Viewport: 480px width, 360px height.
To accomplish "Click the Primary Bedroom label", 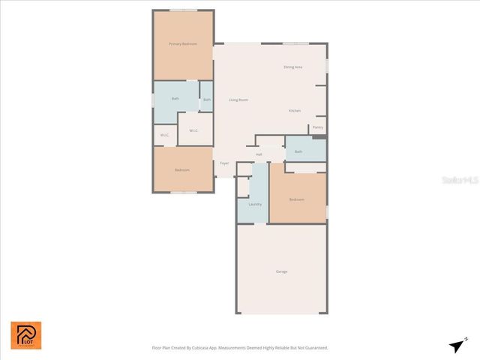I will pos(183,44).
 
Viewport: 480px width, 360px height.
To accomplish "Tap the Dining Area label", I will pos(292,67).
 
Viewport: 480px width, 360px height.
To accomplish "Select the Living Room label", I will pos(238,100).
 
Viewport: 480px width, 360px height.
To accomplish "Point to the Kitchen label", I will pos(295,111).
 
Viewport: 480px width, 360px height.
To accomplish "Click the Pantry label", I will pos(317,127).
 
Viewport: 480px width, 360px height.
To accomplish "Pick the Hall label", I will pos(259,154).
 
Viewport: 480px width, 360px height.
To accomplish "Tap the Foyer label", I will pos(224,163).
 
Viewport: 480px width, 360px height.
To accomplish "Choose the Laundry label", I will pos(255,204).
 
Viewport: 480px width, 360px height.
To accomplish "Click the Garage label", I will pos(281,271).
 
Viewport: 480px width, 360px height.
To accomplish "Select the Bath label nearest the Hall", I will pos(298,151).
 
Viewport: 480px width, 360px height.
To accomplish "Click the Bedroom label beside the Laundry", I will pos(297,199).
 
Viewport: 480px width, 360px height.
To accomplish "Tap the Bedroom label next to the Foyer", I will pos(182,170).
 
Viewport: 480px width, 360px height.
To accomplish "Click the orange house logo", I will pos(26,335).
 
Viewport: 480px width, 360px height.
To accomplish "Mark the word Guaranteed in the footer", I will pos(315,348).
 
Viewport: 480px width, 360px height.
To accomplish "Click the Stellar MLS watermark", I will pos(459,181).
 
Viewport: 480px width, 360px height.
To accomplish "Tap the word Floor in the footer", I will pos(156,348).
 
